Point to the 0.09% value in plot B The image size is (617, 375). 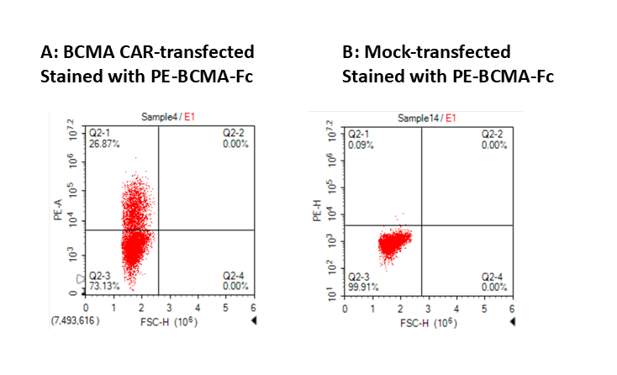click(361, 144)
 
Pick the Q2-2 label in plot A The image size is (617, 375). click(236, 133)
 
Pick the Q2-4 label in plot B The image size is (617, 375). click(495, 276)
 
